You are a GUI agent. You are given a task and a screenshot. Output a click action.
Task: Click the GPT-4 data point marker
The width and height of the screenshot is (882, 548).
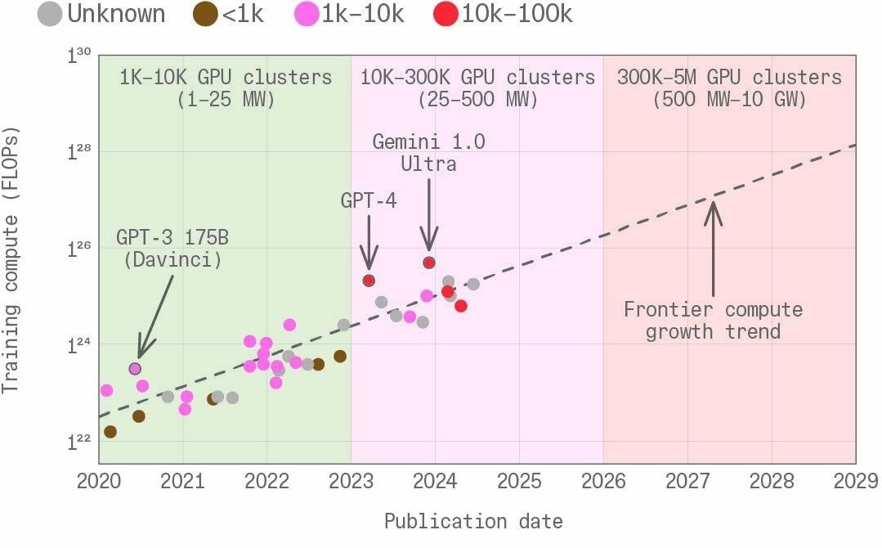pos(369,281)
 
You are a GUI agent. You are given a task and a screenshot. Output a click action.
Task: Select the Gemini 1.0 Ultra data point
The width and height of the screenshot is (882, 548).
pos(428,263)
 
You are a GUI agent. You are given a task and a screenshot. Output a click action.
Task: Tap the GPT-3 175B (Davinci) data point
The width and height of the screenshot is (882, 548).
pos(136,369)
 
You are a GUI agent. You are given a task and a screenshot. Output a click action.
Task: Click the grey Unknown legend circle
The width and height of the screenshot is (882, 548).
pos(51,14)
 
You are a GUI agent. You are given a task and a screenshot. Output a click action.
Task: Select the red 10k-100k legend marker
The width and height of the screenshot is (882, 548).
pos(445,14)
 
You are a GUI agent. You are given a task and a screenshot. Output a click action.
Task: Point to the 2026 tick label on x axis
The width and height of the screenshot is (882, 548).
pos(603,481)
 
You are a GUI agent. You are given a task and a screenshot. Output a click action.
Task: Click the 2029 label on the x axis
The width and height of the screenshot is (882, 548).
pos(855,481)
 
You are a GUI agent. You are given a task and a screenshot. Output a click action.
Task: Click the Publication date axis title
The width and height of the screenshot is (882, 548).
pos(473,521)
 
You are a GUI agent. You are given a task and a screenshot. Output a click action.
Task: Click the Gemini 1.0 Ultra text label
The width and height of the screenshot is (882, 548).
pos(428,152)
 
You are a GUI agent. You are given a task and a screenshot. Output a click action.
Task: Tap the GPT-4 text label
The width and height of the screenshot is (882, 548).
pos(369,200)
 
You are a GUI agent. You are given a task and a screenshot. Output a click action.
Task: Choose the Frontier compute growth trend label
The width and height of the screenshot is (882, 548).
pos(713,321)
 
